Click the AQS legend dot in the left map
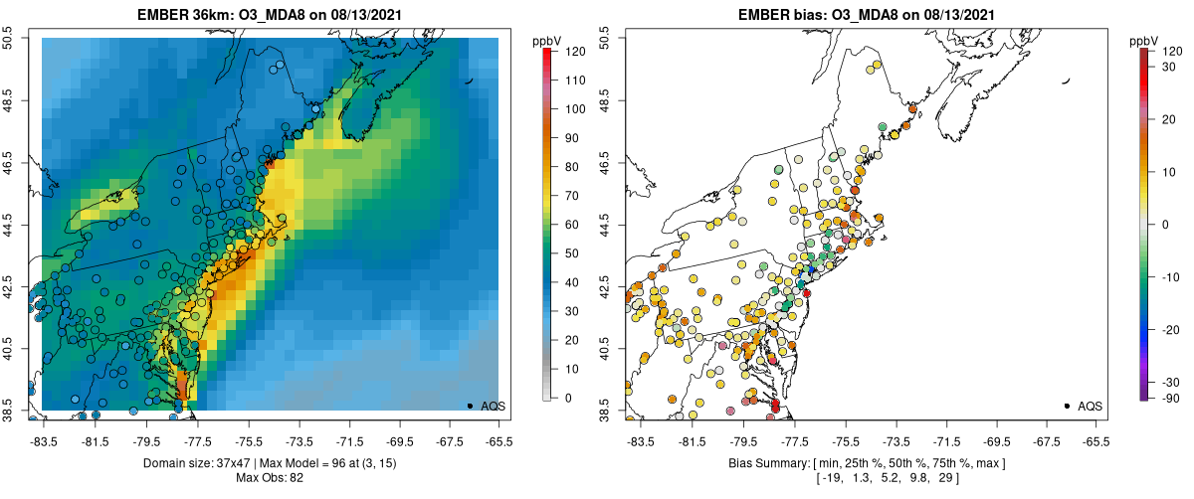[470, 406]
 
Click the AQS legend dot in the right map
[1067, 406]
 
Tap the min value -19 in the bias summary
[829, 478]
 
